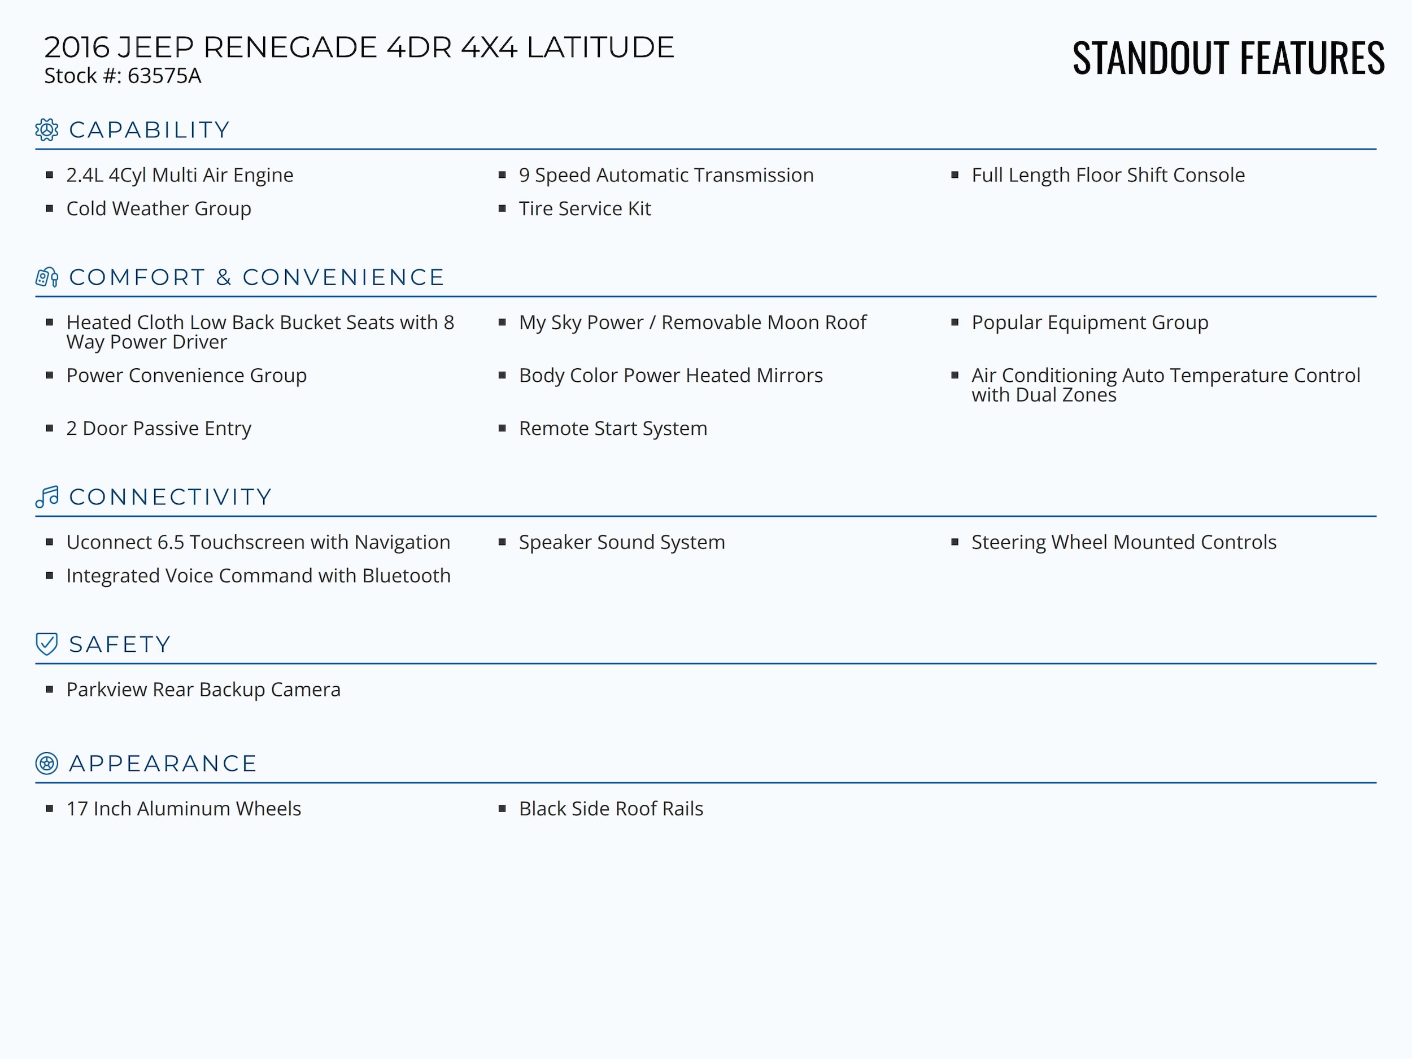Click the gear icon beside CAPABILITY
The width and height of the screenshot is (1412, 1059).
pos(47,129)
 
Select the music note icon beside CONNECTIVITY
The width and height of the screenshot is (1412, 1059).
pos(47,496)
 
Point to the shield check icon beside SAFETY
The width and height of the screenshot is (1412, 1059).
pos(47,644)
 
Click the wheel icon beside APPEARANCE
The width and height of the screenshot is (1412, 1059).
pos(47,764)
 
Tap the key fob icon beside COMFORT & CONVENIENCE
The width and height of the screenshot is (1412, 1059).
pos(47,277)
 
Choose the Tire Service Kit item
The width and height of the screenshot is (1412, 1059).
pos(584,209)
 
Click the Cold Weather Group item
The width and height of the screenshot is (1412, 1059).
pos(158,209)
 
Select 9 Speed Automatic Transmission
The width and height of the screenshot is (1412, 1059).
pos(666,175)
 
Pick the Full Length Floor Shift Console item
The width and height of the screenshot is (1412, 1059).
pos(1108,175)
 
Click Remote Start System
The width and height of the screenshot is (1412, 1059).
pos(612,428)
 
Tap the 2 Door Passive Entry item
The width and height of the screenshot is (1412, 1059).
pos(158,428)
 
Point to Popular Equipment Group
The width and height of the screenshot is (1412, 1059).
pos(1089,323)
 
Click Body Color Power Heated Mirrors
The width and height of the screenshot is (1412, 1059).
pos(670,376)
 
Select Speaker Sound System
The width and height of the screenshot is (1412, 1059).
pos(621,542)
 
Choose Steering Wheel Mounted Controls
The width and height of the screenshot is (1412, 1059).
pos(1123,542)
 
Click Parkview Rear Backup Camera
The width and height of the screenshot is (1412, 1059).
pos(203,690)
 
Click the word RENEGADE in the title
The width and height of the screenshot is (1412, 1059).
pos(290,47)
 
